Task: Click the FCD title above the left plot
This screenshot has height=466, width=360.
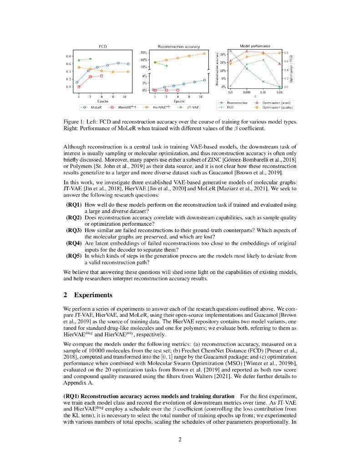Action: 103,46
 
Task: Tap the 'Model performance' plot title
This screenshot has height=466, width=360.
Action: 255,46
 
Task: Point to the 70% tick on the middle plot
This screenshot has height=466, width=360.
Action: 143,53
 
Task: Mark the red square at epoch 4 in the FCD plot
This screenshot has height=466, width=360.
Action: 101,76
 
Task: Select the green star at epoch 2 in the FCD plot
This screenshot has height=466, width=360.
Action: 90,59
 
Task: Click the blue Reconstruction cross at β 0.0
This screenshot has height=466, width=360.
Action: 230,51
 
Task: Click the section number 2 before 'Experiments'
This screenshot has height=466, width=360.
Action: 66,295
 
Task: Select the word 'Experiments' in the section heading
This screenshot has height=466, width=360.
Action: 93,295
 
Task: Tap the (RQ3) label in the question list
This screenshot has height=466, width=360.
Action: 74,230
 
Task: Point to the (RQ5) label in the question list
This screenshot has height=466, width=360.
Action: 74,256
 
